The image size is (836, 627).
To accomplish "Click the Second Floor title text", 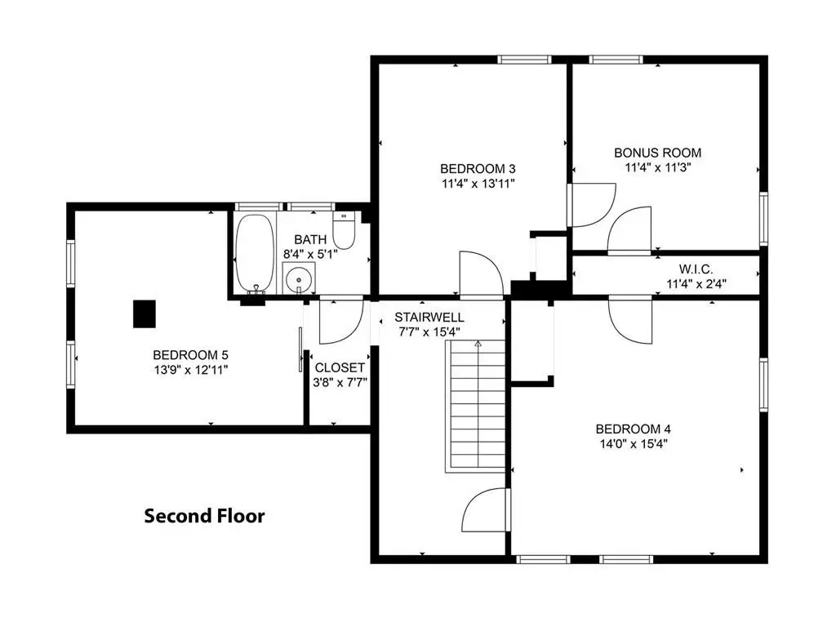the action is pos(205,516).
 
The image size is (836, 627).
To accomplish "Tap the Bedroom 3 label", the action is pos(478,169).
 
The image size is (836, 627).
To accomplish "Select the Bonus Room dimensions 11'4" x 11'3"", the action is pos(658,167).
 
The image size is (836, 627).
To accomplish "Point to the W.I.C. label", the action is pos(696,269).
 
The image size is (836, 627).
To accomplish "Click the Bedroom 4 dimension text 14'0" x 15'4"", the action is pos(634,443).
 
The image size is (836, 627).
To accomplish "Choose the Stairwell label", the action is pos(429,318).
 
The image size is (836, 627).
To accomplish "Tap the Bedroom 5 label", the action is pos(190,355).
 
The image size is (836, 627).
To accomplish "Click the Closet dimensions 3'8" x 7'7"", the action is pos(340,382).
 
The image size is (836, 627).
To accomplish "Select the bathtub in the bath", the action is pos(255,254).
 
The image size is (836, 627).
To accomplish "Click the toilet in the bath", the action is pos(344,230).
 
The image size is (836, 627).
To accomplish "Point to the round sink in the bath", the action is pos(298,278).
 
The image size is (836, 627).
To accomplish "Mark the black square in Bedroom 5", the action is pos(145,313).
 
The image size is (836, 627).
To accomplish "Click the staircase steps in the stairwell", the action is pos(476,407).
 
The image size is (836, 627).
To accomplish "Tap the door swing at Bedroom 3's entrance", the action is pos(482,273).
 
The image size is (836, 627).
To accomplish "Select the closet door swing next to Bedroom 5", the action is pos(341,322).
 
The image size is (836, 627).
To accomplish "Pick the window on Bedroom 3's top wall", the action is pos(524,59).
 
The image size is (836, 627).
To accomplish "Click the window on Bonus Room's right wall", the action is pos(763,219).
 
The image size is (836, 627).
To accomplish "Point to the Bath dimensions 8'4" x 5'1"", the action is pos(310,255).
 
